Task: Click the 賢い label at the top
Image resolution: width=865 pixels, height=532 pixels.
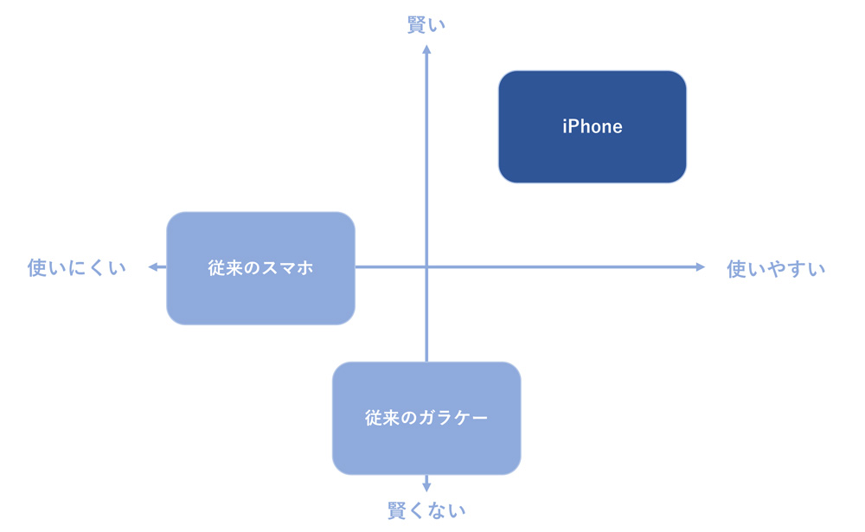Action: pos(426,25)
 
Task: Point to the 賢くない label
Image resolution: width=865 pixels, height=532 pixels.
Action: pos(426,510)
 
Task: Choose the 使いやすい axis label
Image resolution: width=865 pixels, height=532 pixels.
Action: pos(776,268)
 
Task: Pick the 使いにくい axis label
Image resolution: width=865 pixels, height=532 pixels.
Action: pos(77,267)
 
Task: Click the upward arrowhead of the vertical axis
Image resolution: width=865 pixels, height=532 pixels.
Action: pos(426,50)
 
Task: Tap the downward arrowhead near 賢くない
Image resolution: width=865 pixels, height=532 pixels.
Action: pos(426,486)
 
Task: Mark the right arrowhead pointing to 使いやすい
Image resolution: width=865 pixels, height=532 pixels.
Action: pos(701,267)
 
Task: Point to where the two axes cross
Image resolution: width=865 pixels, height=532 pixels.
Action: pos(426,267)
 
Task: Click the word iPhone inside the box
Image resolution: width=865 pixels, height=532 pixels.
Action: pos(592,127)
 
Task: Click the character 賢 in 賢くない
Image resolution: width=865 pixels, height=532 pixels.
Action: pos(397,510)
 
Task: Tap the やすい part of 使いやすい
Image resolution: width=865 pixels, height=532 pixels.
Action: pos(794,268)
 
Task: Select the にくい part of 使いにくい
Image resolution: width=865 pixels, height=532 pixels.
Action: pos(95,267)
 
